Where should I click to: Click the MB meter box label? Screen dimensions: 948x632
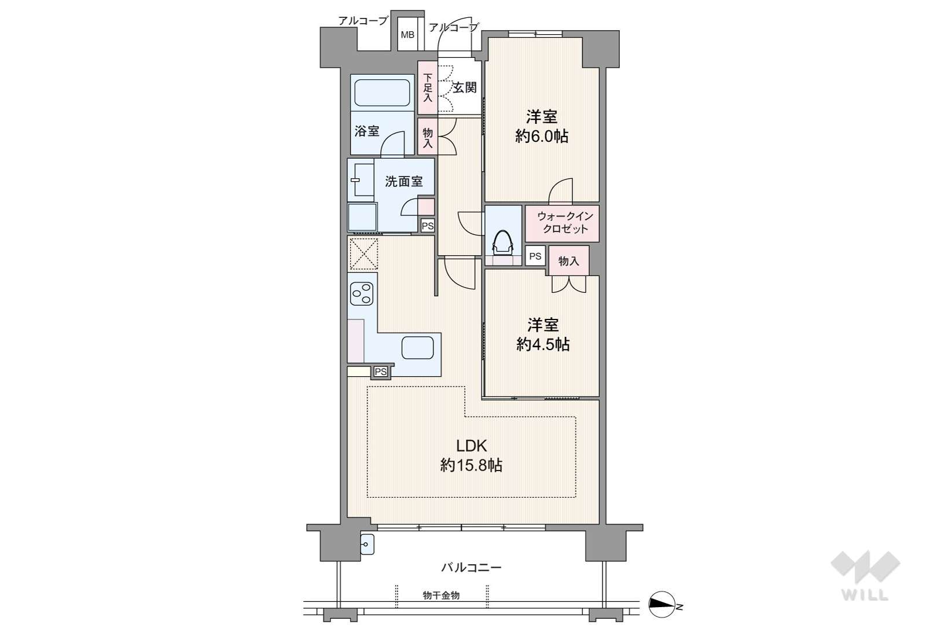(x=407, y=35)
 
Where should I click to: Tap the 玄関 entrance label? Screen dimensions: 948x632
(x=465, y=87)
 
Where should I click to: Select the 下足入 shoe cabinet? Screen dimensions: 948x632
(x=428, y=87)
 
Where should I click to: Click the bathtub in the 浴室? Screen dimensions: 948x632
(x=382, y=93)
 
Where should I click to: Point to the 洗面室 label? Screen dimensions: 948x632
(x=404, y=182)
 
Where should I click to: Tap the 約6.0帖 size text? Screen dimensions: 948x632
(x=542, y=137)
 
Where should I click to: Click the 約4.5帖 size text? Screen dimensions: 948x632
(x=542, y=344)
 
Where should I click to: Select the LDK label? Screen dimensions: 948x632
(x=471, y=445)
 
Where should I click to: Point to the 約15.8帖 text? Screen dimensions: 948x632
(x=471, y=465)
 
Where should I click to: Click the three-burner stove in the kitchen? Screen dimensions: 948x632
(x=362, y=294)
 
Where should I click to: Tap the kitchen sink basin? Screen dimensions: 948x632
(x=417, y=348)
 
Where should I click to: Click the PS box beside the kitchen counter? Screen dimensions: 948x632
(x=380, y=372)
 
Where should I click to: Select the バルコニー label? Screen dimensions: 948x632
(x=471, y=567)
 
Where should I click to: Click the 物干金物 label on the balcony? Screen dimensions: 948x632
(x=441, y=595)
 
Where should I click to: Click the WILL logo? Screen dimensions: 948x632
(x=865, y=575)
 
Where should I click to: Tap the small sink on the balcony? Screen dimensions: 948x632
(x=368, y=545)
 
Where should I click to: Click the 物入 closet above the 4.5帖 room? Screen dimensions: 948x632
(x=569, y=261)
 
